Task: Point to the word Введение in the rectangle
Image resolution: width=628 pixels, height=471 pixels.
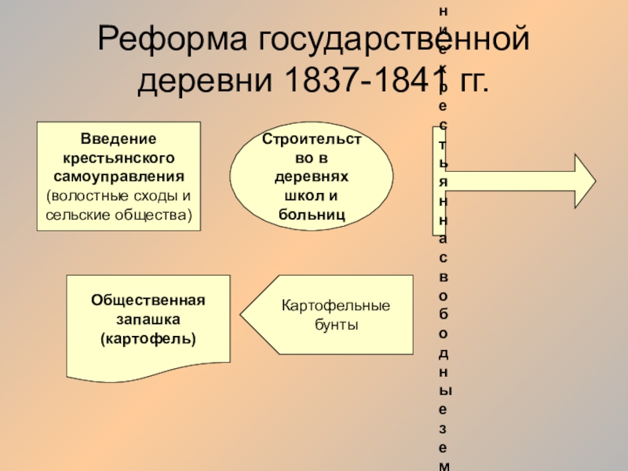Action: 118,138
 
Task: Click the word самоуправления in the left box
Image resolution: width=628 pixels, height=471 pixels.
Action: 118,176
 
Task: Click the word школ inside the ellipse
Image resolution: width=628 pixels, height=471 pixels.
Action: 294,196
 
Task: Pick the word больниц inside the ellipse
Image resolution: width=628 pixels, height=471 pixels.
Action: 312,214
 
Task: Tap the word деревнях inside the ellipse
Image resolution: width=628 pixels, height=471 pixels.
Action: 312,177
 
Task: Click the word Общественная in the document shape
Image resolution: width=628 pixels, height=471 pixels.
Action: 148,301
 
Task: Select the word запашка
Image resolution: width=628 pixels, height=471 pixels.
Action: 148,319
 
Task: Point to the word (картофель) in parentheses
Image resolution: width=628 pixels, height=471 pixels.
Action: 148,338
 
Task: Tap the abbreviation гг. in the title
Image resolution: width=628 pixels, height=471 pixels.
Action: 471,80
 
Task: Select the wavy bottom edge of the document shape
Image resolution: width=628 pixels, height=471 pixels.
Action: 149,369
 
